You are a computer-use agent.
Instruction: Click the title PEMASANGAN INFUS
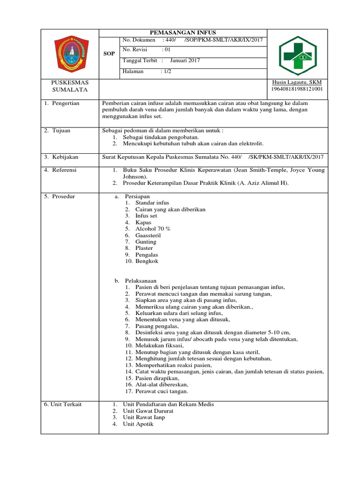(183, 32)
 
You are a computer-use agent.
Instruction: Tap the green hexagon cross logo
(297, 55)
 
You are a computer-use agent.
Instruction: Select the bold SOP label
(109, 54)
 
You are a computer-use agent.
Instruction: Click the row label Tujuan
(61, 130)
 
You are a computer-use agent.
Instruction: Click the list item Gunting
(146, 241)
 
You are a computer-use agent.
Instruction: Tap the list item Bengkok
(147, 261)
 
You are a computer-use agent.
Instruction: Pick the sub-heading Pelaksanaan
(140, 280)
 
